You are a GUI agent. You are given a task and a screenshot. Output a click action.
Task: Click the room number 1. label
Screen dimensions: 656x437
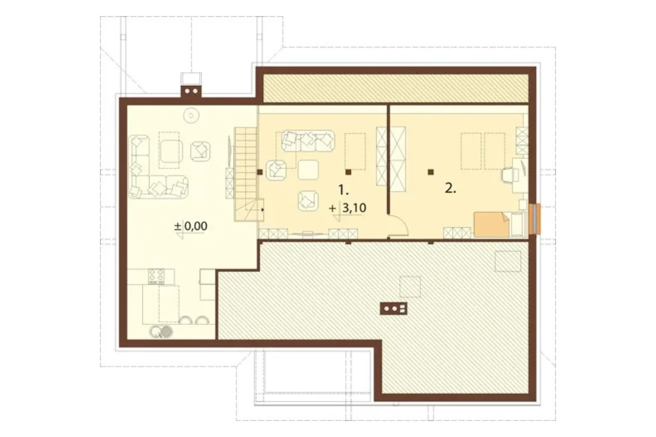point(343,190)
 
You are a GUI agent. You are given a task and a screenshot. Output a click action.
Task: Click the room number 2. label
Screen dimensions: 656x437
point(450,188)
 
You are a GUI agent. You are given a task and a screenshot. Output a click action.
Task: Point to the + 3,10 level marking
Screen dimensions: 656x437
point(348,208)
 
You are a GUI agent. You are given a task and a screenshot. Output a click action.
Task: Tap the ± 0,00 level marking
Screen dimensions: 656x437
point(191,226)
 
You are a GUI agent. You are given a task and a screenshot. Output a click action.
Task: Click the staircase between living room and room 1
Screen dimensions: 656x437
point(245,174)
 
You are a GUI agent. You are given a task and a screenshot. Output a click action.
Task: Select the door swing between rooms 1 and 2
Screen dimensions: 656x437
point(398,226)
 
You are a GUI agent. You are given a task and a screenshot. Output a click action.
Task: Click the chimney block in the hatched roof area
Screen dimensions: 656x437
point(393,308)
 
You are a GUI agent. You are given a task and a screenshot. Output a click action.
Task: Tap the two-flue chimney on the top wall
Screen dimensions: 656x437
point(191,91)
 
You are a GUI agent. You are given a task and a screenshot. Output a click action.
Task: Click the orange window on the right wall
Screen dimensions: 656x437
point(535,218)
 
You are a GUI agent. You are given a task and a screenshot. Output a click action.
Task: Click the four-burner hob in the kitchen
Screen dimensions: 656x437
point(156,276)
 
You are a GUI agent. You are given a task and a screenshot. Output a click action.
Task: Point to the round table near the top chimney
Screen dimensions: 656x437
point(192,115)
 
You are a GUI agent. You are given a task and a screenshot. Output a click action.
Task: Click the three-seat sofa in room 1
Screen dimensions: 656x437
point(308,141)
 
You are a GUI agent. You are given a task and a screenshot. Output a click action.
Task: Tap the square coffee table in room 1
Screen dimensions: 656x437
point(308,170)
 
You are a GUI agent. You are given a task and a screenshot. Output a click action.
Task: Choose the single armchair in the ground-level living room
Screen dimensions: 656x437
point(201,151)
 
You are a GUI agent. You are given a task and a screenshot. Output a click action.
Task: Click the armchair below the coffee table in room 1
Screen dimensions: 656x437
point(308,200)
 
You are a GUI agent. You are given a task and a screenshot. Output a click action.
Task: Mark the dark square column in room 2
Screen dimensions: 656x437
point(430,172)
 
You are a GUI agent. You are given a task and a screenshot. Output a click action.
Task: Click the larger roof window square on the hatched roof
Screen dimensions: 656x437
point(508,261)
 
